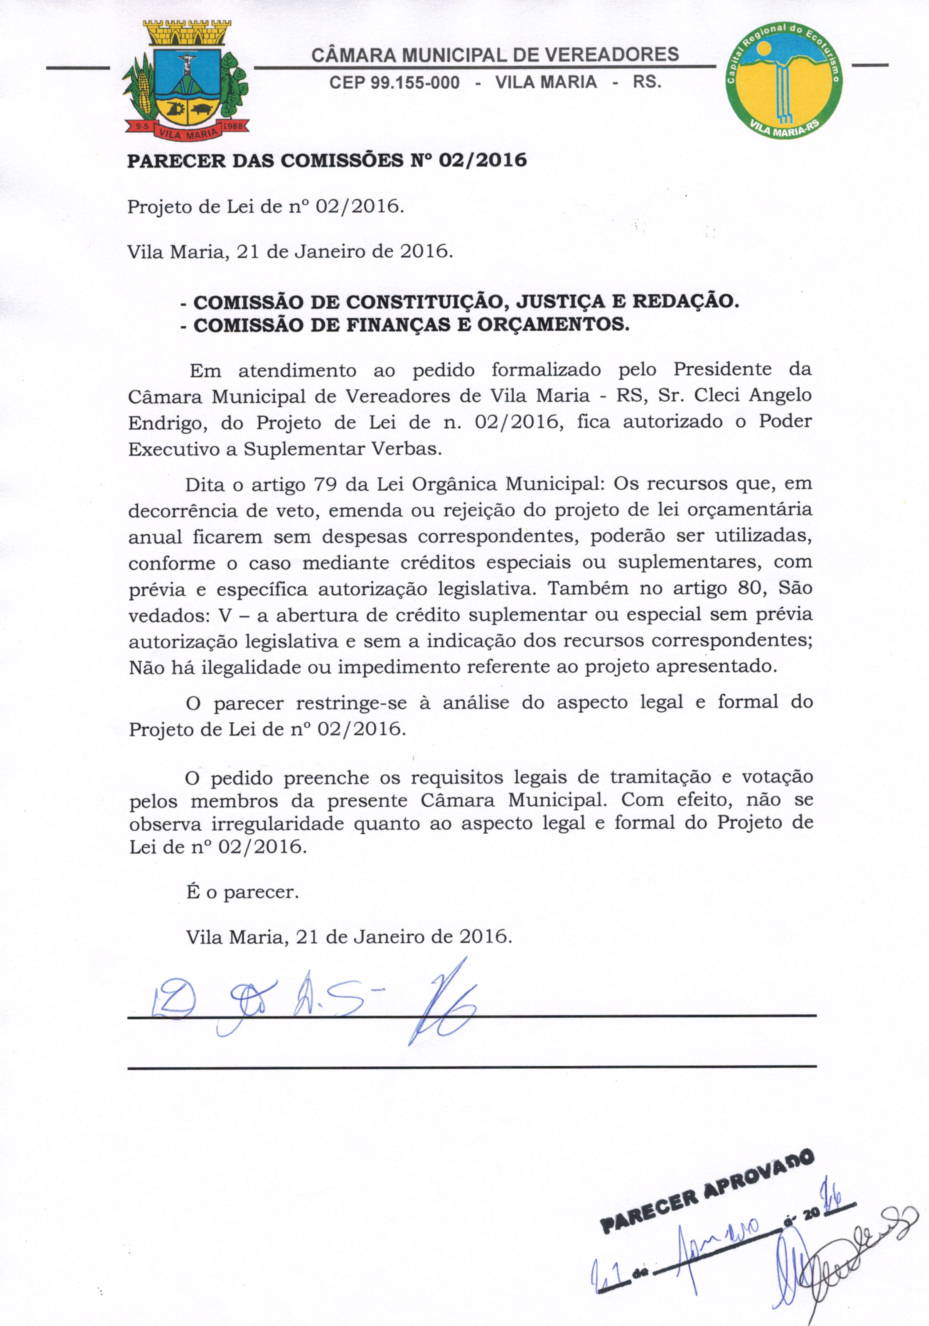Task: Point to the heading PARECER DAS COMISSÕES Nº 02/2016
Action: tap(327, 160)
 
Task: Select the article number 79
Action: tap(325, 483)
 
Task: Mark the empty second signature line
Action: tap(471, 1067)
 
